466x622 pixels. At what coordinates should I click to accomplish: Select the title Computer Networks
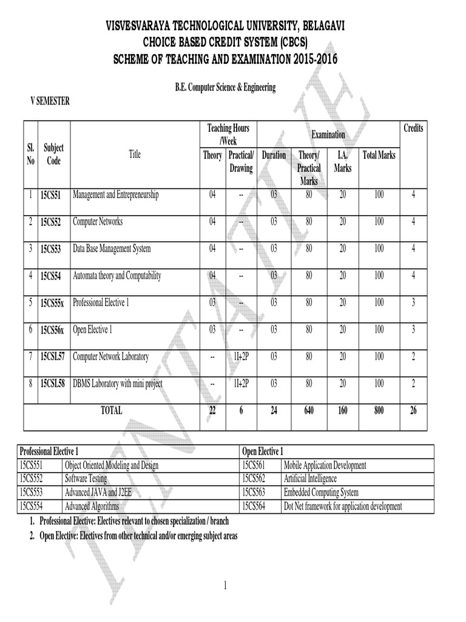point(98,222)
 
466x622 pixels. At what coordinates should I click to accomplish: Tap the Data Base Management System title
point(112,248)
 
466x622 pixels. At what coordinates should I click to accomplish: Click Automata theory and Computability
point(116,276)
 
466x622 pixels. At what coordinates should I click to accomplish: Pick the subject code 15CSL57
point(54,357)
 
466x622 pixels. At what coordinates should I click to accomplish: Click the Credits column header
point(413,128)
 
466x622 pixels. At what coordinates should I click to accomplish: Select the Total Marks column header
point(379,155)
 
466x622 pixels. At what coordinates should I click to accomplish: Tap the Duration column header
point(274,155)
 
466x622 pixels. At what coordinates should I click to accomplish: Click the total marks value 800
point(379,411)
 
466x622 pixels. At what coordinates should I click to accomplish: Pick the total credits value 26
point(413,411)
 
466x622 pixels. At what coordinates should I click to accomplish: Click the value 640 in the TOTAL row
point(309,411)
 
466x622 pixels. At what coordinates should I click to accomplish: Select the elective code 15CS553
point(32,493)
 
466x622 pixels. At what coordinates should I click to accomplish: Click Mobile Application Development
point(325,465)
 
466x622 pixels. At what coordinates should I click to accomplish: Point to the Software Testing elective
point(86,479)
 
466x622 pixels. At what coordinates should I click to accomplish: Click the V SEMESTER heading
point(50,101)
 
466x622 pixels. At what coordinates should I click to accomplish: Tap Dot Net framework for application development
point(342,506)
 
